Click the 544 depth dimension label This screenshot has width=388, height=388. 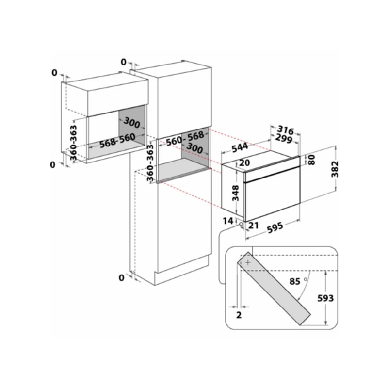pos(240,147)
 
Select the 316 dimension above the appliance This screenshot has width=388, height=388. pos(286,129)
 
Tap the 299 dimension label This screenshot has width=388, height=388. pos(284,139)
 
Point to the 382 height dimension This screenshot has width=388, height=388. pos(335,169)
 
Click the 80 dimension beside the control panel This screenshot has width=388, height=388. pos(312,160)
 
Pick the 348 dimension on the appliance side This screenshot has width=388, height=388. pos(235,193)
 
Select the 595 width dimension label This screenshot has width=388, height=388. pos(275,227)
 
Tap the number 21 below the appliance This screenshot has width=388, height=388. pos(253,226)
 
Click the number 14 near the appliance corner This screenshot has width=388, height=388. pos(228,221)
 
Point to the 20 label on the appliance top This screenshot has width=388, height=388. pos(244,163)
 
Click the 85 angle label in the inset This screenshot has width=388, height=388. pos(295,281)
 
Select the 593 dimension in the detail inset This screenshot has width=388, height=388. pos(325,298)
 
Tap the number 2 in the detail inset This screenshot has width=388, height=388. pos(239,315)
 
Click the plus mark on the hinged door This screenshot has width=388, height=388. pos(248,262)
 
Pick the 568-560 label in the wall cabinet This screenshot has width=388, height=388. pos(117,141)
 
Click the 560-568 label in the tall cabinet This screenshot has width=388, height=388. pos(185,138)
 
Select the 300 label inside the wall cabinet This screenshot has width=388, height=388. pos(131,123)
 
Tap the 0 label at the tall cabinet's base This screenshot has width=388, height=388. pos(121,278)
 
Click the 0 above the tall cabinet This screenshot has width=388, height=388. pos(124,62)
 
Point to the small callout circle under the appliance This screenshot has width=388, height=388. pos(241,224)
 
